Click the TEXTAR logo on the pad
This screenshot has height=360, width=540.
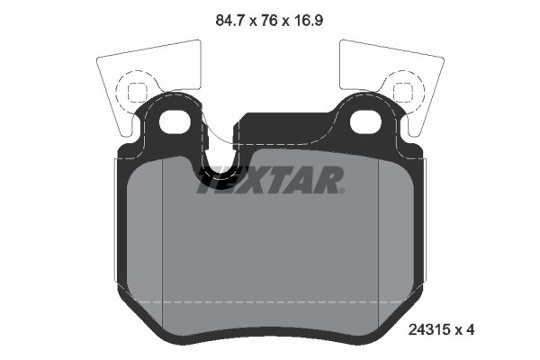click(x=270, y=180)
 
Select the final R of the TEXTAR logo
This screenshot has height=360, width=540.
click(x=329, y=180)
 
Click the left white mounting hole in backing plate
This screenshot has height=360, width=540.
click(x=172, y=121)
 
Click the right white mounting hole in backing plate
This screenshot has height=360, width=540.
click(x=366, y=121)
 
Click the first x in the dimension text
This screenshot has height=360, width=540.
click(x=252, y=16)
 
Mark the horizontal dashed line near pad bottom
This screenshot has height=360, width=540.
click(x=270, y=300)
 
